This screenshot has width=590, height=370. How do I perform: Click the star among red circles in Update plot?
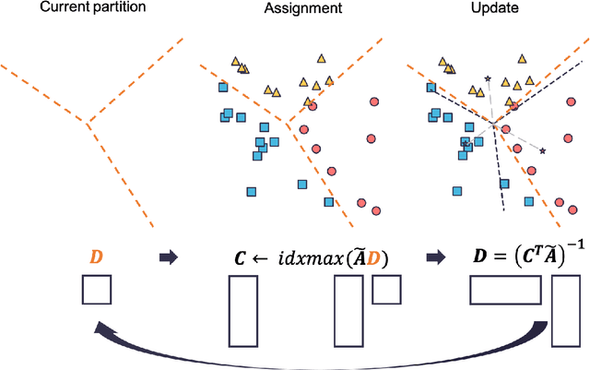click(542, 150)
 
